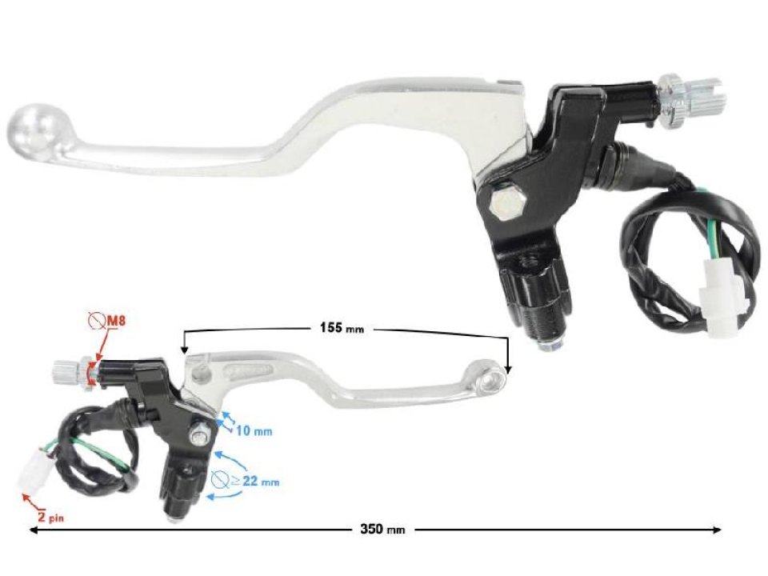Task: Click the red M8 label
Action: [x=117, y=322]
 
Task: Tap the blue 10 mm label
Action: [x=254, y=431]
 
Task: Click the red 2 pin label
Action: [x=50, y=517]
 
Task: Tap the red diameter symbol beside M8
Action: [x=97, y=322]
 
